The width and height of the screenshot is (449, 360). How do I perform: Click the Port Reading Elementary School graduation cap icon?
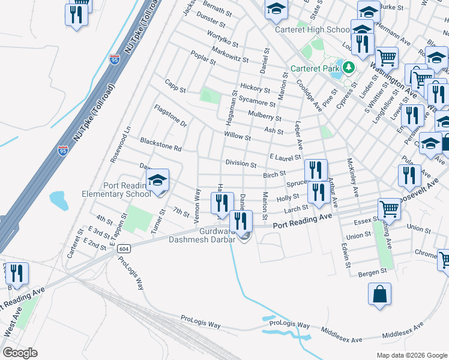[x=157, y=180]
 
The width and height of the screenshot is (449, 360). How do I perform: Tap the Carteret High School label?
[x=312, y=29]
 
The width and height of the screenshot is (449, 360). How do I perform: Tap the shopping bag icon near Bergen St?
[x=380, y=295]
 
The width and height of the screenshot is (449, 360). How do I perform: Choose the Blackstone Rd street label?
[x=160, y=144]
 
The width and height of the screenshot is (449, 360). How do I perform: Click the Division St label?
[x=241, y=164]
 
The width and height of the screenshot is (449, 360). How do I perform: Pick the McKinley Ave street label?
[x=352, y=178]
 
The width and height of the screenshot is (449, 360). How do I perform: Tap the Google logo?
[x=20, y=353]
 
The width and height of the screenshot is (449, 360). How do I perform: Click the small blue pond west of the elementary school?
[x=58, y=198]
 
